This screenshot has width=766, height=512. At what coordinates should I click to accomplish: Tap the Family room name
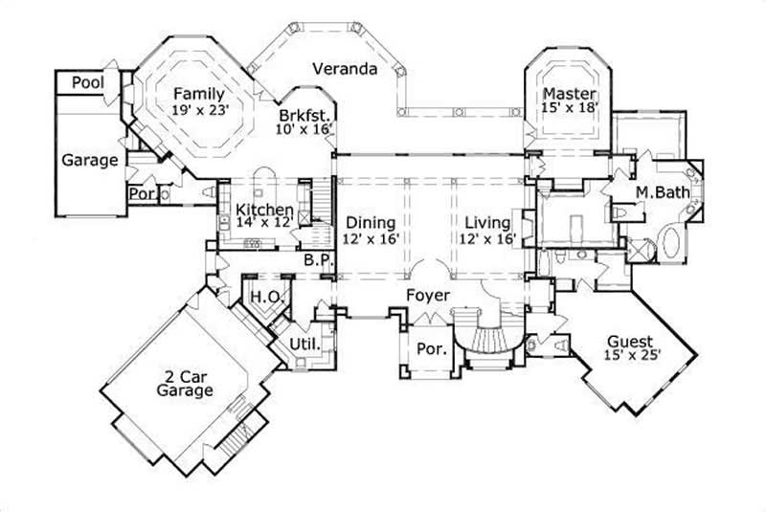point(198,94)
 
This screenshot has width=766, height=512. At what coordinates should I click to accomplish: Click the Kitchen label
point(258,208)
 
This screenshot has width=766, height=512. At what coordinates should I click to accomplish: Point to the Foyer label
point(426,296)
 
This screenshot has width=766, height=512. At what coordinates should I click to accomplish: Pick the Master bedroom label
point(570,94)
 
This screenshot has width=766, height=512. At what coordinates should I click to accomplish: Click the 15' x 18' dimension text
point(570,109)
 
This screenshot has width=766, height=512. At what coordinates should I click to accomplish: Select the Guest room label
point(630,342)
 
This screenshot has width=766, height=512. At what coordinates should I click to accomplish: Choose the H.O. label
point(264,298)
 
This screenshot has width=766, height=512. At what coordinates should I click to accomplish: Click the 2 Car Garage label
point(187,383)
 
